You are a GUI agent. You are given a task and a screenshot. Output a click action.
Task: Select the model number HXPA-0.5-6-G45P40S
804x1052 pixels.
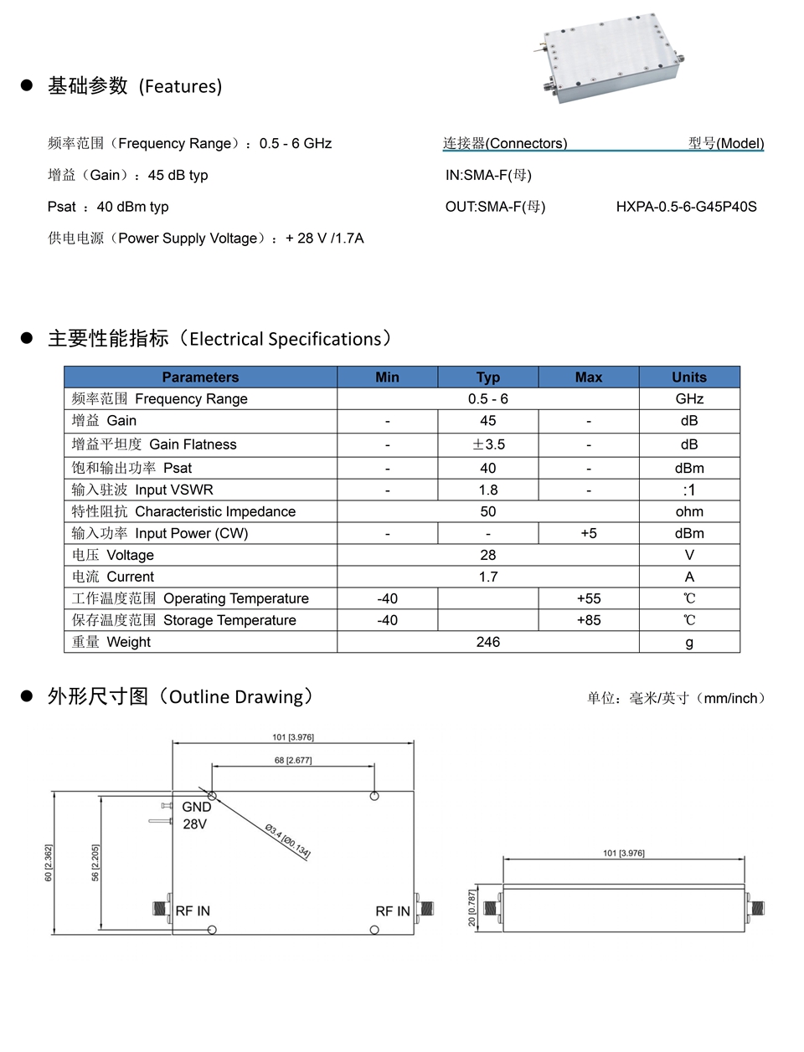point(686,207)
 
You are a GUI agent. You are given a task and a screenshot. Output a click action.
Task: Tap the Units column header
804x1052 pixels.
point(688,377)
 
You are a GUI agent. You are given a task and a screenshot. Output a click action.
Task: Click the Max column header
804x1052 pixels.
point(588,377)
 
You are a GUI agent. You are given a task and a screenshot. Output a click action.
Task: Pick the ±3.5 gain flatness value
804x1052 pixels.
point(488,444)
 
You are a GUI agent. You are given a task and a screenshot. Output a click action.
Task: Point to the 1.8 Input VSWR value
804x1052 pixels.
point(488,490)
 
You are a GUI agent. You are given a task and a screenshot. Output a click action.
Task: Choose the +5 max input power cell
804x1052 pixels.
point(588,533)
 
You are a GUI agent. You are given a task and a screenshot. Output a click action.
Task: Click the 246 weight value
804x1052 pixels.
point(488,642)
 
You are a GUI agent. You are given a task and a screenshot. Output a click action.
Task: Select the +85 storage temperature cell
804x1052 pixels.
point(588,620)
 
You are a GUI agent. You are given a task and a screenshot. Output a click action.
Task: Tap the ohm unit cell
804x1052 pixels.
point(688,511)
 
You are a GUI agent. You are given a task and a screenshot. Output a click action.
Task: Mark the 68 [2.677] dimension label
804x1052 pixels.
point(293,760)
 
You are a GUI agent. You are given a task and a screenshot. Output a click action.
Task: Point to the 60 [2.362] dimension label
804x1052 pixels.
point(49,862)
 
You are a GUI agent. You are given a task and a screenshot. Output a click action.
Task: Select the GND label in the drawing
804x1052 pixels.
point(197,807)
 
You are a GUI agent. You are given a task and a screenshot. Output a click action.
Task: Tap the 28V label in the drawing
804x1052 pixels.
point(195,824)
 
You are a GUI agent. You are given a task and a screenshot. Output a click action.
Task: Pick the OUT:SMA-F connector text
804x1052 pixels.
point(495,207)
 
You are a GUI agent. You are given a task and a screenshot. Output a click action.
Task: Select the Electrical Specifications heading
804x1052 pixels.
point(220,338)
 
